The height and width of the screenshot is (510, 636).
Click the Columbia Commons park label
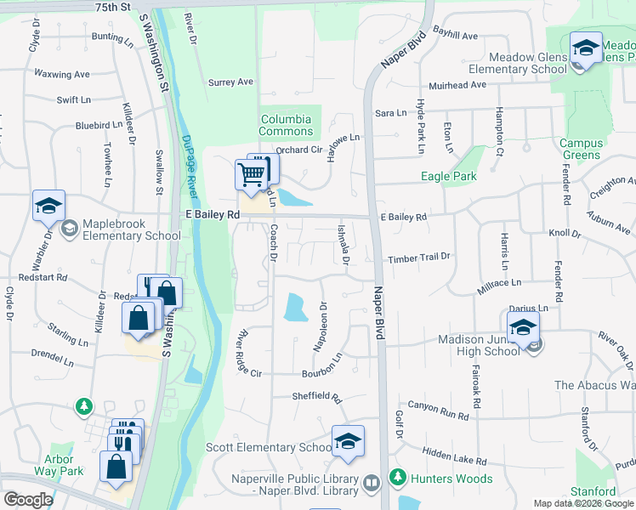point(286,126)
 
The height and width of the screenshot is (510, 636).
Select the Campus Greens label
point(582,150)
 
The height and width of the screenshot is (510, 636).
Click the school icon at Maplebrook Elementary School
point(49,207)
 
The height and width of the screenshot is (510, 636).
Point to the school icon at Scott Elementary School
point(347,441)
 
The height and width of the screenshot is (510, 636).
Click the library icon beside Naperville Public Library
point(371,483)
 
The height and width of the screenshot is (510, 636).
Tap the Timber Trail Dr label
point(418,258)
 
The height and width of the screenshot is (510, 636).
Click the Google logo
point(28,500)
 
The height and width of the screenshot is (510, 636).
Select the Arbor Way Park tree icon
point(84,407)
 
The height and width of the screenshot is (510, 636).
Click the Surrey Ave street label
point(231,82)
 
